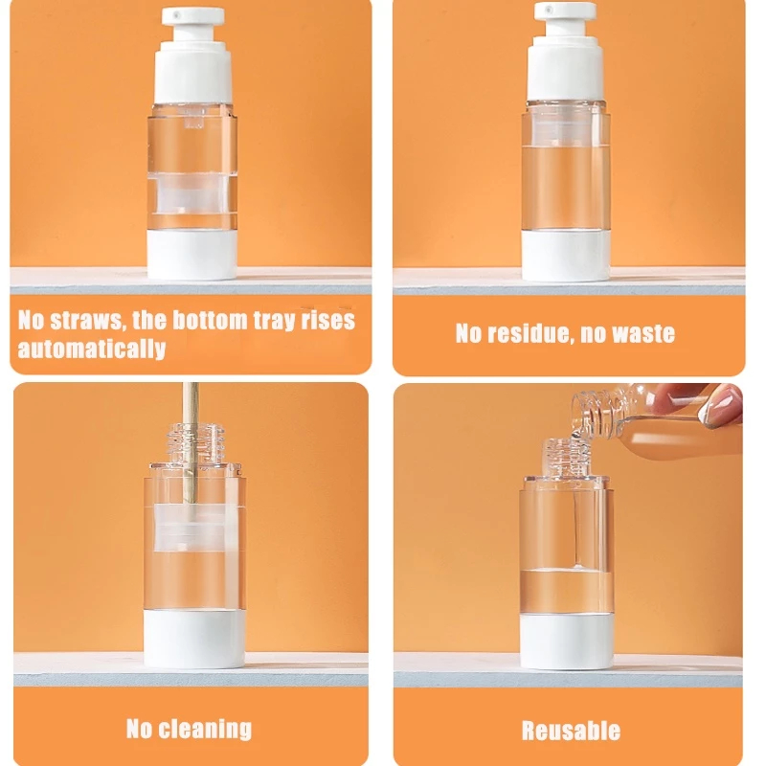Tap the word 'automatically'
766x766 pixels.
pos(92,349)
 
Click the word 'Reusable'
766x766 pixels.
pos(571,731)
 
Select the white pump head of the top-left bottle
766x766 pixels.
pos(192,55)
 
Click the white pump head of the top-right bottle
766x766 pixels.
pos(565,52)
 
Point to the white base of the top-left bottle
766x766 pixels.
pos(192,254)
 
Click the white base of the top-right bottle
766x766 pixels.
pos(566,255)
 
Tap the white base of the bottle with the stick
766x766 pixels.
pos(194,639)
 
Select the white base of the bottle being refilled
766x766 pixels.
pos(567,642)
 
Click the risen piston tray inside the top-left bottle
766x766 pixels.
pos(192,194)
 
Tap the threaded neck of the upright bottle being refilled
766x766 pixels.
pos(568,457)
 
